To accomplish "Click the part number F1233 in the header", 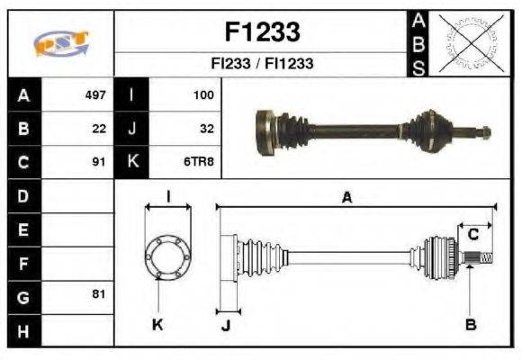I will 261,32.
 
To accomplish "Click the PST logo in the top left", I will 61,43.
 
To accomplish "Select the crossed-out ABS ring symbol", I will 469,42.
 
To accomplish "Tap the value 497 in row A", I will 95,94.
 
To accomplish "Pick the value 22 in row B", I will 99,129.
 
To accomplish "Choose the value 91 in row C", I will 99,163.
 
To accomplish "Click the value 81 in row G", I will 99,295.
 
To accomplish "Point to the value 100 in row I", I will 203,94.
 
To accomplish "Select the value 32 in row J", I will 206,129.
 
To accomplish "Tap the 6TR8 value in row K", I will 200,163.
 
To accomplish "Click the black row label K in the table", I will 132,163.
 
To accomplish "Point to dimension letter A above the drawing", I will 346,198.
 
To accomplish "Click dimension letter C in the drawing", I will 472,235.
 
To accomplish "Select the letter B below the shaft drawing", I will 470,323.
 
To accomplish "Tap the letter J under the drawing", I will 226,325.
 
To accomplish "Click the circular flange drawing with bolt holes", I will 167,256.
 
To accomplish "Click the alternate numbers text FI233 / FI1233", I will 261,64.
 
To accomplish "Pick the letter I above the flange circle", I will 168,196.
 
